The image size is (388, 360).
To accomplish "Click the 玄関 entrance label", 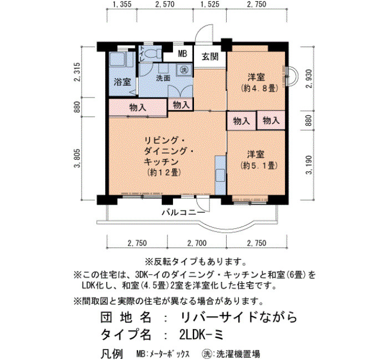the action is (210, 57).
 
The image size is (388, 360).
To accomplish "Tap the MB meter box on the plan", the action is (182, 54).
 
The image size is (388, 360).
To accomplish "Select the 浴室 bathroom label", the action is (122, 82).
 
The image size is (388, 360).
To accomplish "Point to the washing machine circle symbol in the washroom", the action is (183, 70).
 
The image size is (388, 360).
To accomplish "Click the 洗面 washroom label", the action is (163, 78).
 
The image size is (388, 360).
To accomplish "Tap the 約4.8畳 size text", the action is (259, 88).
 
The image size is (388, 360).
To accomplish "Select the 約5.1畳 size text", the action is (259, 166).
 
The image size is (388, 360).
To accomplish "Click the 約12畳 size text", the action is (164, 172).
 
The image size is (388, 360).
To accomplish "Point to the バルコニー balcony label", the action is (183, 212).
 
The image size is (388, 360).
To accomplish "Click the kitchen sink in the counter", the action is (220, 176).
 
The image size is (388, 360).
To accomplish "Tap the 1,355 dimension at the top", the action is (122, 4).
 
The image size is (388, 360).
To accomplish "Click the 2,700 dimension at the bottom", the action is (197, 243).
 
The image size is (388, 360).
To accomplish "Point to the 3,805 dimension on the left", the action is (78, 158).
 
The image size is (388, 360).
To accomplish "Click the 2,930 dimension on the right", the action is (309, 79).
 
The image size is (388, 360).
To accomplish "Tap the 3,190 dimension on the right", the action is (309, 165).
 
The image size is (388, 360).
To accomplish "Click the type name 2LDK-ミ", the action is (201, 335).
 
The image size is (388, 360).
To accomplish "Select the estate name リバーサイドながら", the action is (239, 317).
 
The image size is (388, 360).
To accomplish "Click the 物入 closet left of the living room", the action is (138, 107).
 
